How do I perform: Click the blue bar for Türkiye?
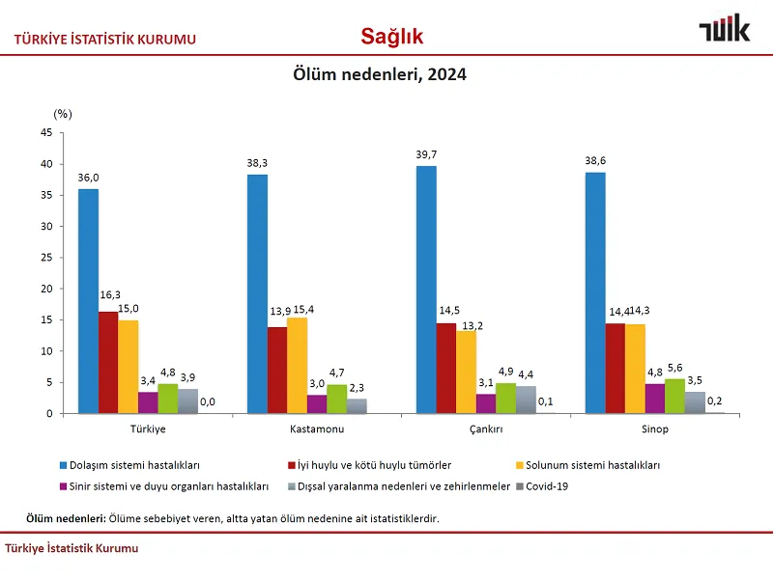click(88, 301)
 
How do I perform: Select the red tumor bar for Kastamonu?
click(277, 371)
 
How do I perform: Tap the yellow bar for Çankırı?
click(466, 373)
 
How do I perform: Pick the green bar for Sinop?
click(674, 397)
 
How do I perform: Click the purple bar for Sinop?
click(655, 399)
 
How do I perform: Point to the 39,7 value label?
click(426, 154)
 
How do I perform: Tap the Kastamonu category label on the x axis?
click(318, 429)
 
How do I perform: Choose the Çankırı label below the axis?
click(485, 429)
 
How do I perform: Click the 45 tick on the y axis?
click(45, 133)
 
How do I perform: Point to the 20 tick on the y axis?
click(45, 289)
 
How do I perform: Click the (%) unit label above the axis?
click(63, 113)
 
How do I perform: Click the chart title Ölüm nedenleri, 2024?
click(380, 74)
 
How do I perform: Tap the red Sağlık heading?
click(391, 37)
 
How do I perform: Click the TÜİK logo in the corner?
click(724, 29)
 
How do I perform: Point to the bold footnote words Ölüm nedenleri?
click(66, 518)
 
